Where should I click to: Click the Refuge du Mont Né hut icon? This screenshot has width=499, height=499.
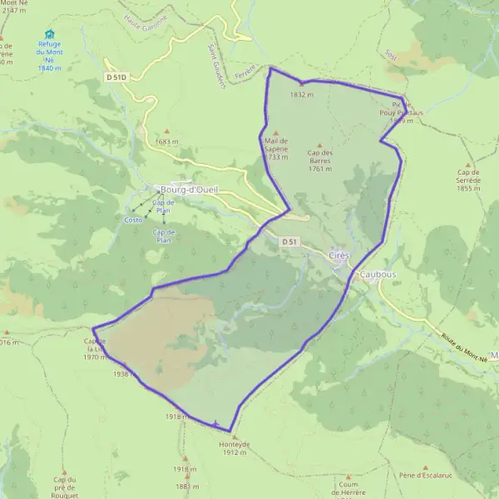point(49,34)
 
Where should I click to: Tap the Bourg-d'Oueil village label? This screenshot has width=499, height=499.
point(189,189)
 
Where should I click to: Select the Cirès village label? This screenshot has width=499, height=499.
point(340,254)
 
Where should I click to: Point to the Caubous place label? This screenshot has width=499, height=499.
point(378,274)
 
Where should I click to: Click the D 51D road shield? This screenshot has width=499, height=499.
point(116,77)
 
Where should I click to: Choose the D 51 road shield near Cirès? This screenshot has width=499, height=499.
point(289,241)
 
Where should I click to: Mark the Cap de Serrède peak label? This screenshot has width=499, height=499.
point(469,180)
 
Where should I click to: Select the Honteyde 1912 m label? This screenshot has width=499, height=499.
point(235,447)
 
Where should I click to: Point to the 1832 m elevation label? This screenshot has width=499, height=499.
point(302,95)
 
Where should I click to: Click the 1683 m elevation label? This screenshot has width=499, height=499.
point(167,141)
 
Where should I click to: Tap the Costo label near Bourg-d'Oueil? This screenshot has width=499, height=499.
point(133,220)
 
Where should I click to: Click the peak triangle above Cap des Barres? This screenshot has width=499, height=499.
point(320,145)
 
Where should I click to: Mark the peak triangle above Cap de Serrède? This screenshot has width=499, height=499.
point(469,165)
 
